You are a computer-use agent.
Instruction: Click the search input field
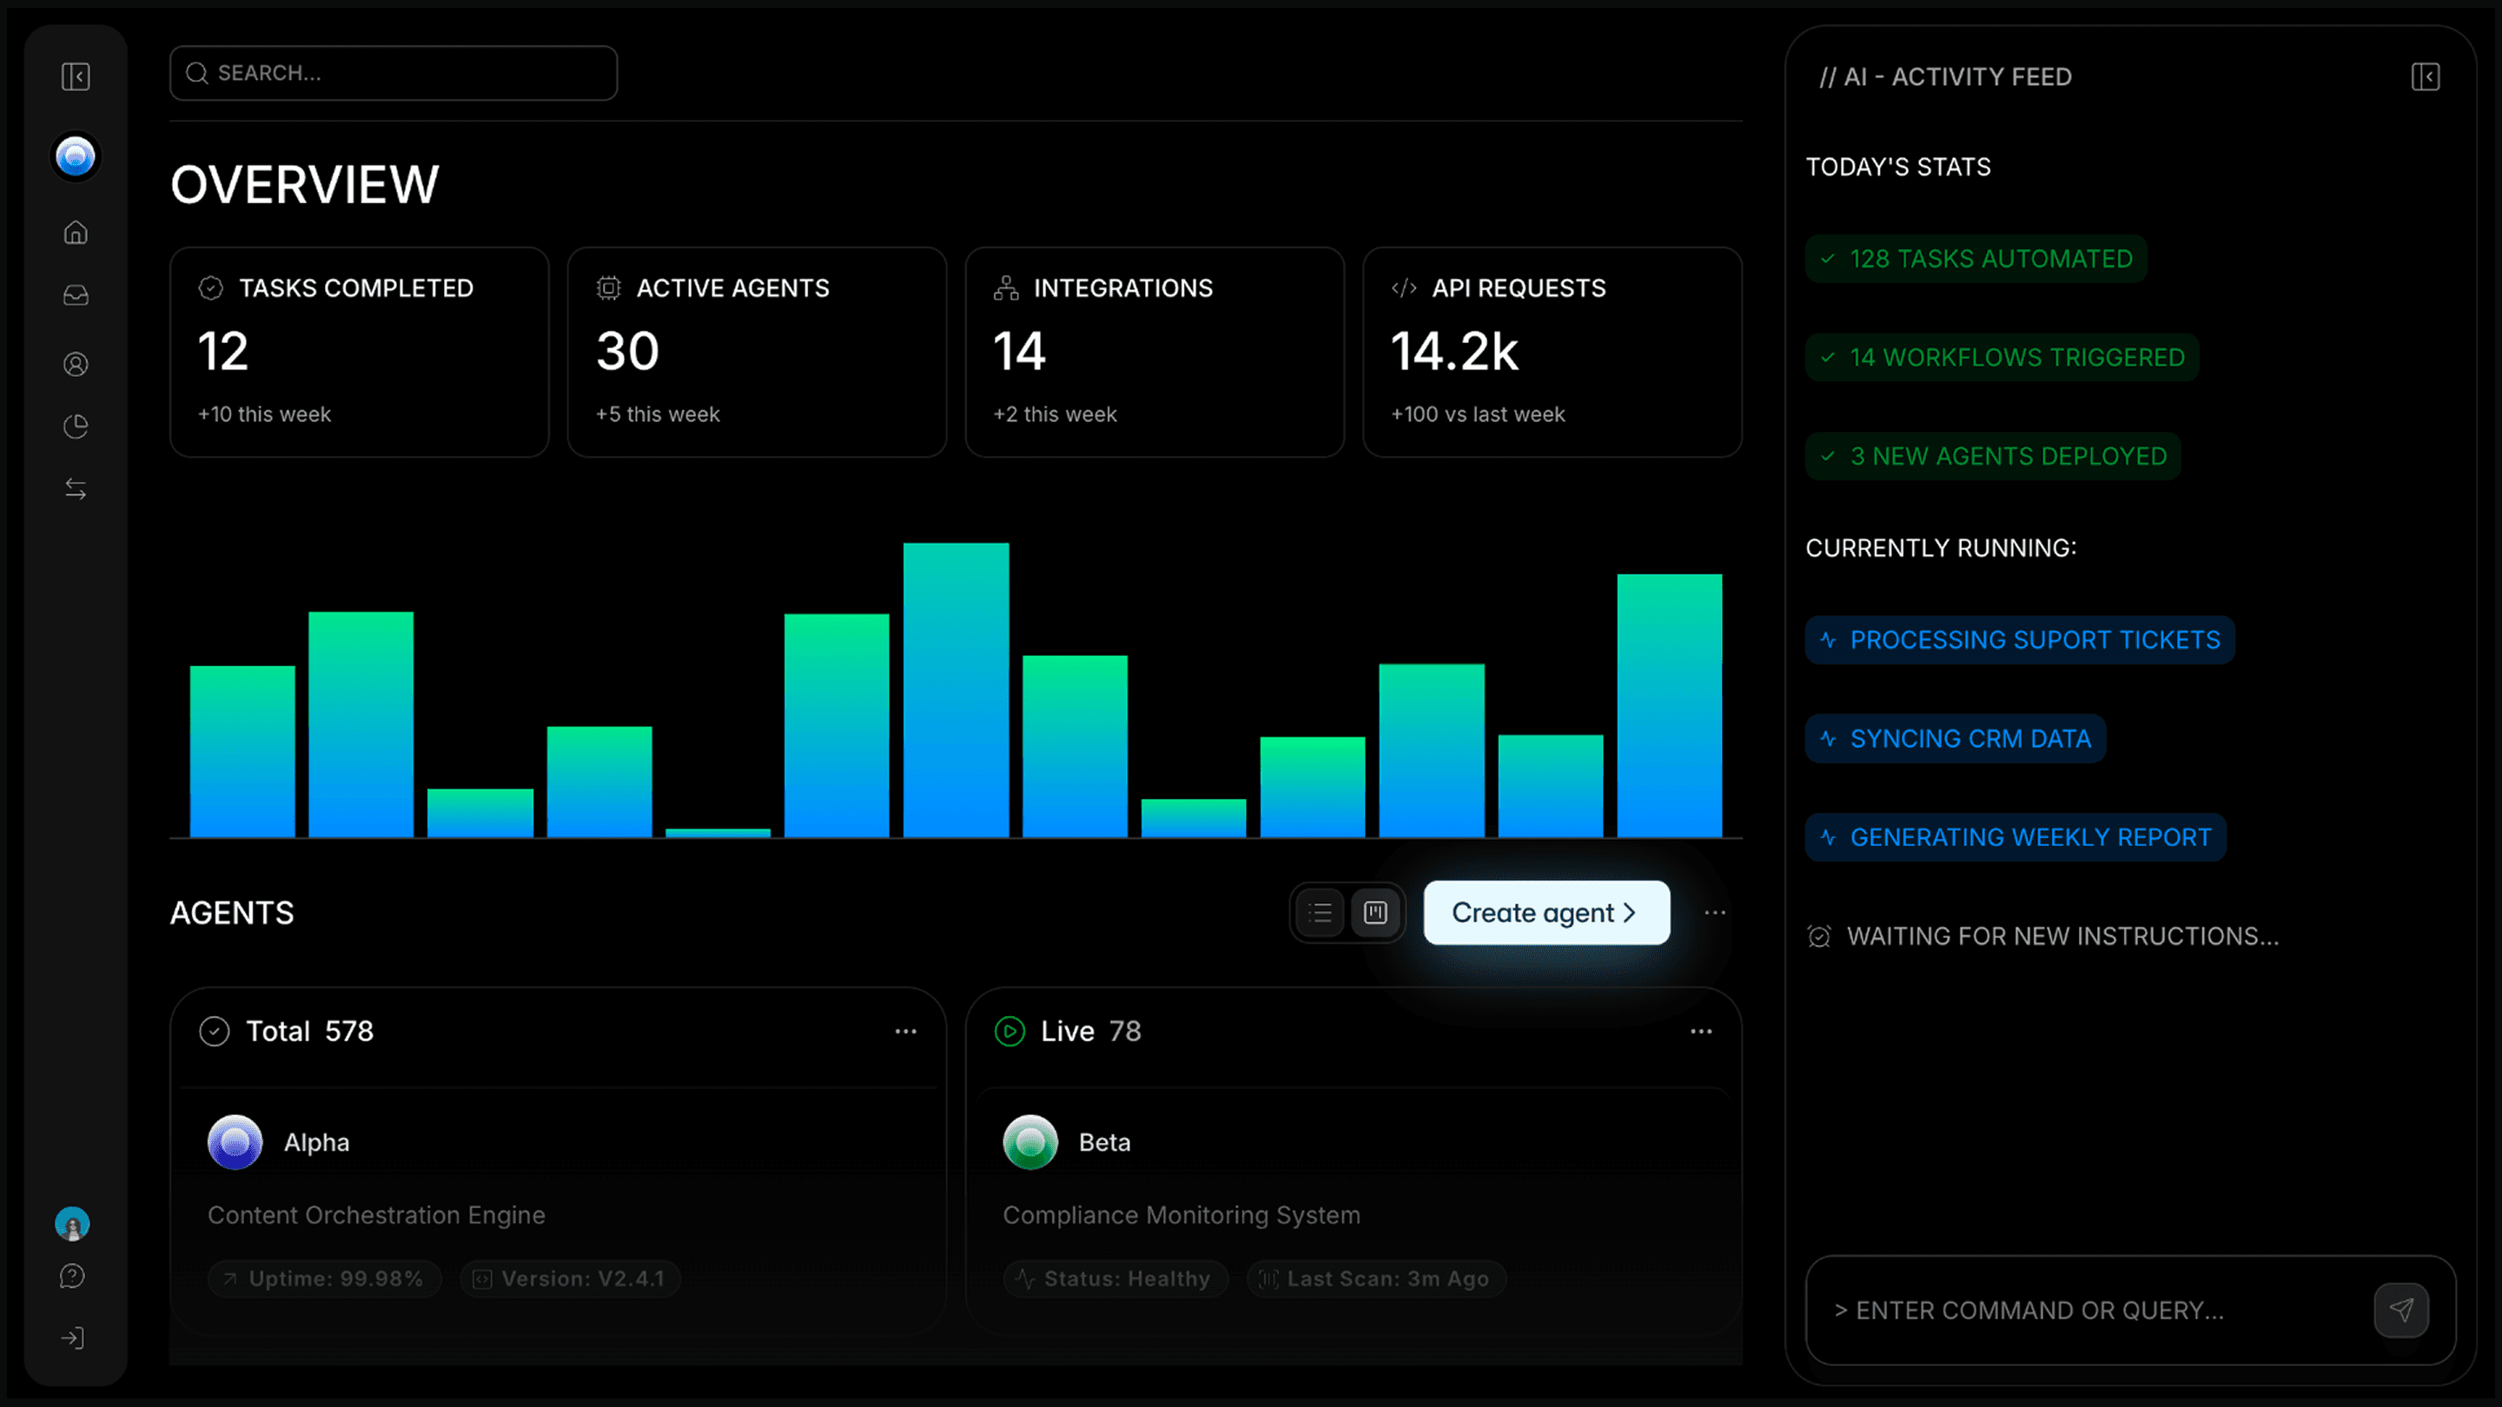(393, 73)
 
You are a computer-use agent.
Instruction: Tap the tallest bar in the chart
(956, 690)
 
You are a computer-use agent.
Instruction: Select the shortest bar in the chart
(718, 832)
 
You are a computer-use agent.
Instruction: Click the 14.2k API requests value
(1454, 352)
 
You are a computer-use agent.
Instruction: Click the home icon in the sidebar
(76, 233)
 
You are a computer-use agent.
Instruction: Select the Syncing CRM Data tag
(1956, 739)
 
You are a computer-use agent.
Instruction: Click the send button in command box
(2401, 1310)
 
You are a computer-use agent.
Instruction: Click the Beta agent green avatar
(1030, 1142)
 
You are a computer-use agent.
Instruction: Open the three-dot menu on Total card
(905, 1031)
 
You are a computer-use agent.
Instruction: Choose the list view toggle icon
(1320, 913)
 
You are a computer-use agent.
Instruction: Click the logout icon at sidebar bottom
(73, 1338)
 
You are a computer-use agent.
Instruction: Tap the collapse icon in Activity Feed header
(2426, 76)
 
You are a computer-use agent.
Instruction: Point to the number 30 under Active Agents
(627, 352)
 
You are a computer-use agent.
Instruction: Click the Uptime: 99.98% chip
(324, 1278)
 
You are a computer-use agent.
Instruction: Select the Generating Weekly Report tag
(2015, 838)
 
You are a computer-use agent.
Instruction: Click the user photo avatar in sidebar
(73, 1224)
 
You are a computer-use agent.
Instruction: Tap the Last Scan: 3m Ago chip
(1375, 1278)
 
